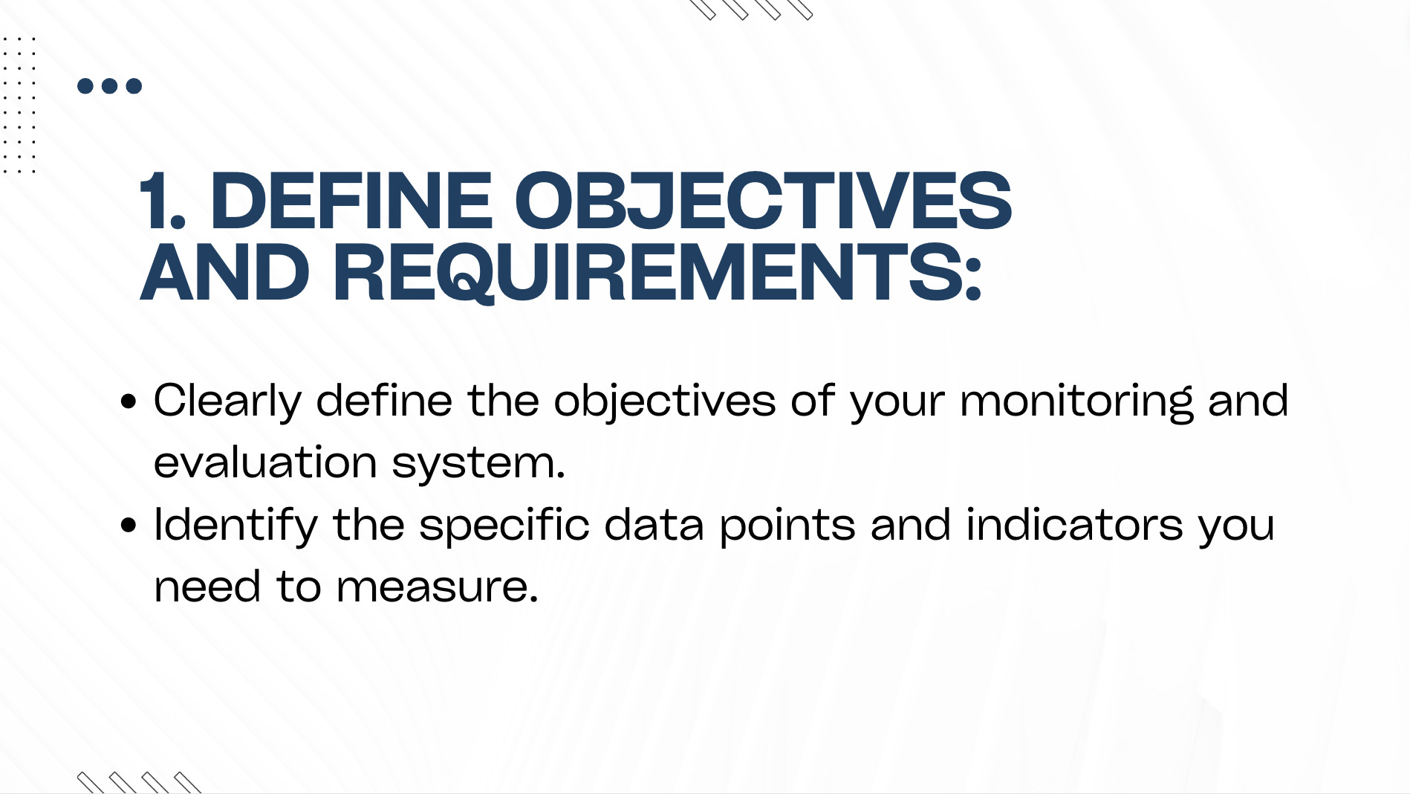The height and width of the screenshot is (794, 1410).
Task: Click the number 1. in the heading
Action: click(162, 201)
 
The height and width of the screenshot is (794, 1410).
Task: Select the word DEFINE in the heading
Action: click(351, 201)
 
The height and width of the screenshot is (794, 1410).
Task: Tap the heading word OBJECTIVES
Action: click(763, 201)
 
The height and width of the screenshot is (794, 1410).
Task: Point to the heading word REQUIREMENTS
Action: click(657, 273)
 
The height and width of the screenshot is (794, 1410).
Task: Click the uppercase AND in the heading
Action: click(224, 273)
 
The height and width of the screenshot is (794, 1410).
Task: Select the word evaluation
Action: click(265, 462)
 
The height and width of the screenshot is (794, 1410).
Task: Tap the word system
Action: click(478, 465)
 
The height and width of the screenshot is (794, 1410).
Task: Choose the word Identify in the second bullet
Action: click(235, 526)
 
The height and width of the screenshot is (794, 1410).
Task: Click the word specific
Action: click(504, 526)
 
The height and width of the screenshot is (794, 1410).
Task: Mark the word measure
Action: click(437, 588)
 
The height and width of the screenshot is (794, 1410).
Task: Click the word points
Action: click(787, 526)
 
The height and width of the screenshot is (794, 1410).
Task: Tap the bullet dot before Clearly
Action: click(129, 402)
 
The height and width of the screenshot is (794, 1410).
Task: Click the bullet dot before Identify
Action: click(129, 526)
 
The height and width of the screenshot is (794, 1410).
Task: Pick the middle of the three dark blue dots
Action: click(110, 86)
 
